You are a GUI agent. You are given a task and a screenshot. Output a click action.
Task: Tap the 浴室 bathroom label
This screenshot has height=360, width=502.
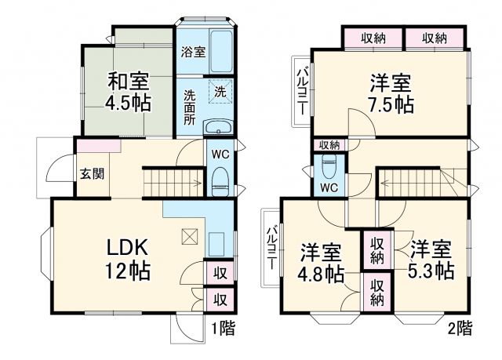(193, 53)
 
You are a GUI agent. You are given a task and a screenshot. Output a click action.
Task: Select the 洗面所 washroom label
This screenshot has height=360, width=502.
(191, 107)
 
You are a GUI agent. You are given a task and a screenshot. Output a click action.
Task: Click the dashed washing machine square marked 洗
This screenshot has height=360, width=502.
(220, 91)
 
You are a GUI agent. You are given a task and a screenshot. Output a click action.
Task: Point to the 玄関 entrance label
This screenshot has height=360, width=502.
(87, 175)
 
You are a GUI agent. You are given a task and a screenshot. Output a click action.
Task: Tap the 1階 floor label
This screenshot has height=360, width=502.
(222, 329)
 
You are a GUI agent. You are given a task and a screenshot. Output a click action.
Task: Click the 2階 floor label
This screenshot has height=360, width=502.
(460, 329)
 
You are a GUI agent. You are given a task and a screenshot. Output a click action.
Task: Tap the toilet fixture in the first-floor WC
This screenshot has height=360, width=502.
(220, 179)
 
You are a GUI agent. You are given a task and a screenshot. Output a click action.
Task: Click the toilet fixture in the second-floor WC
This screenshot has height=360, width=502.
(329, 167)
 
